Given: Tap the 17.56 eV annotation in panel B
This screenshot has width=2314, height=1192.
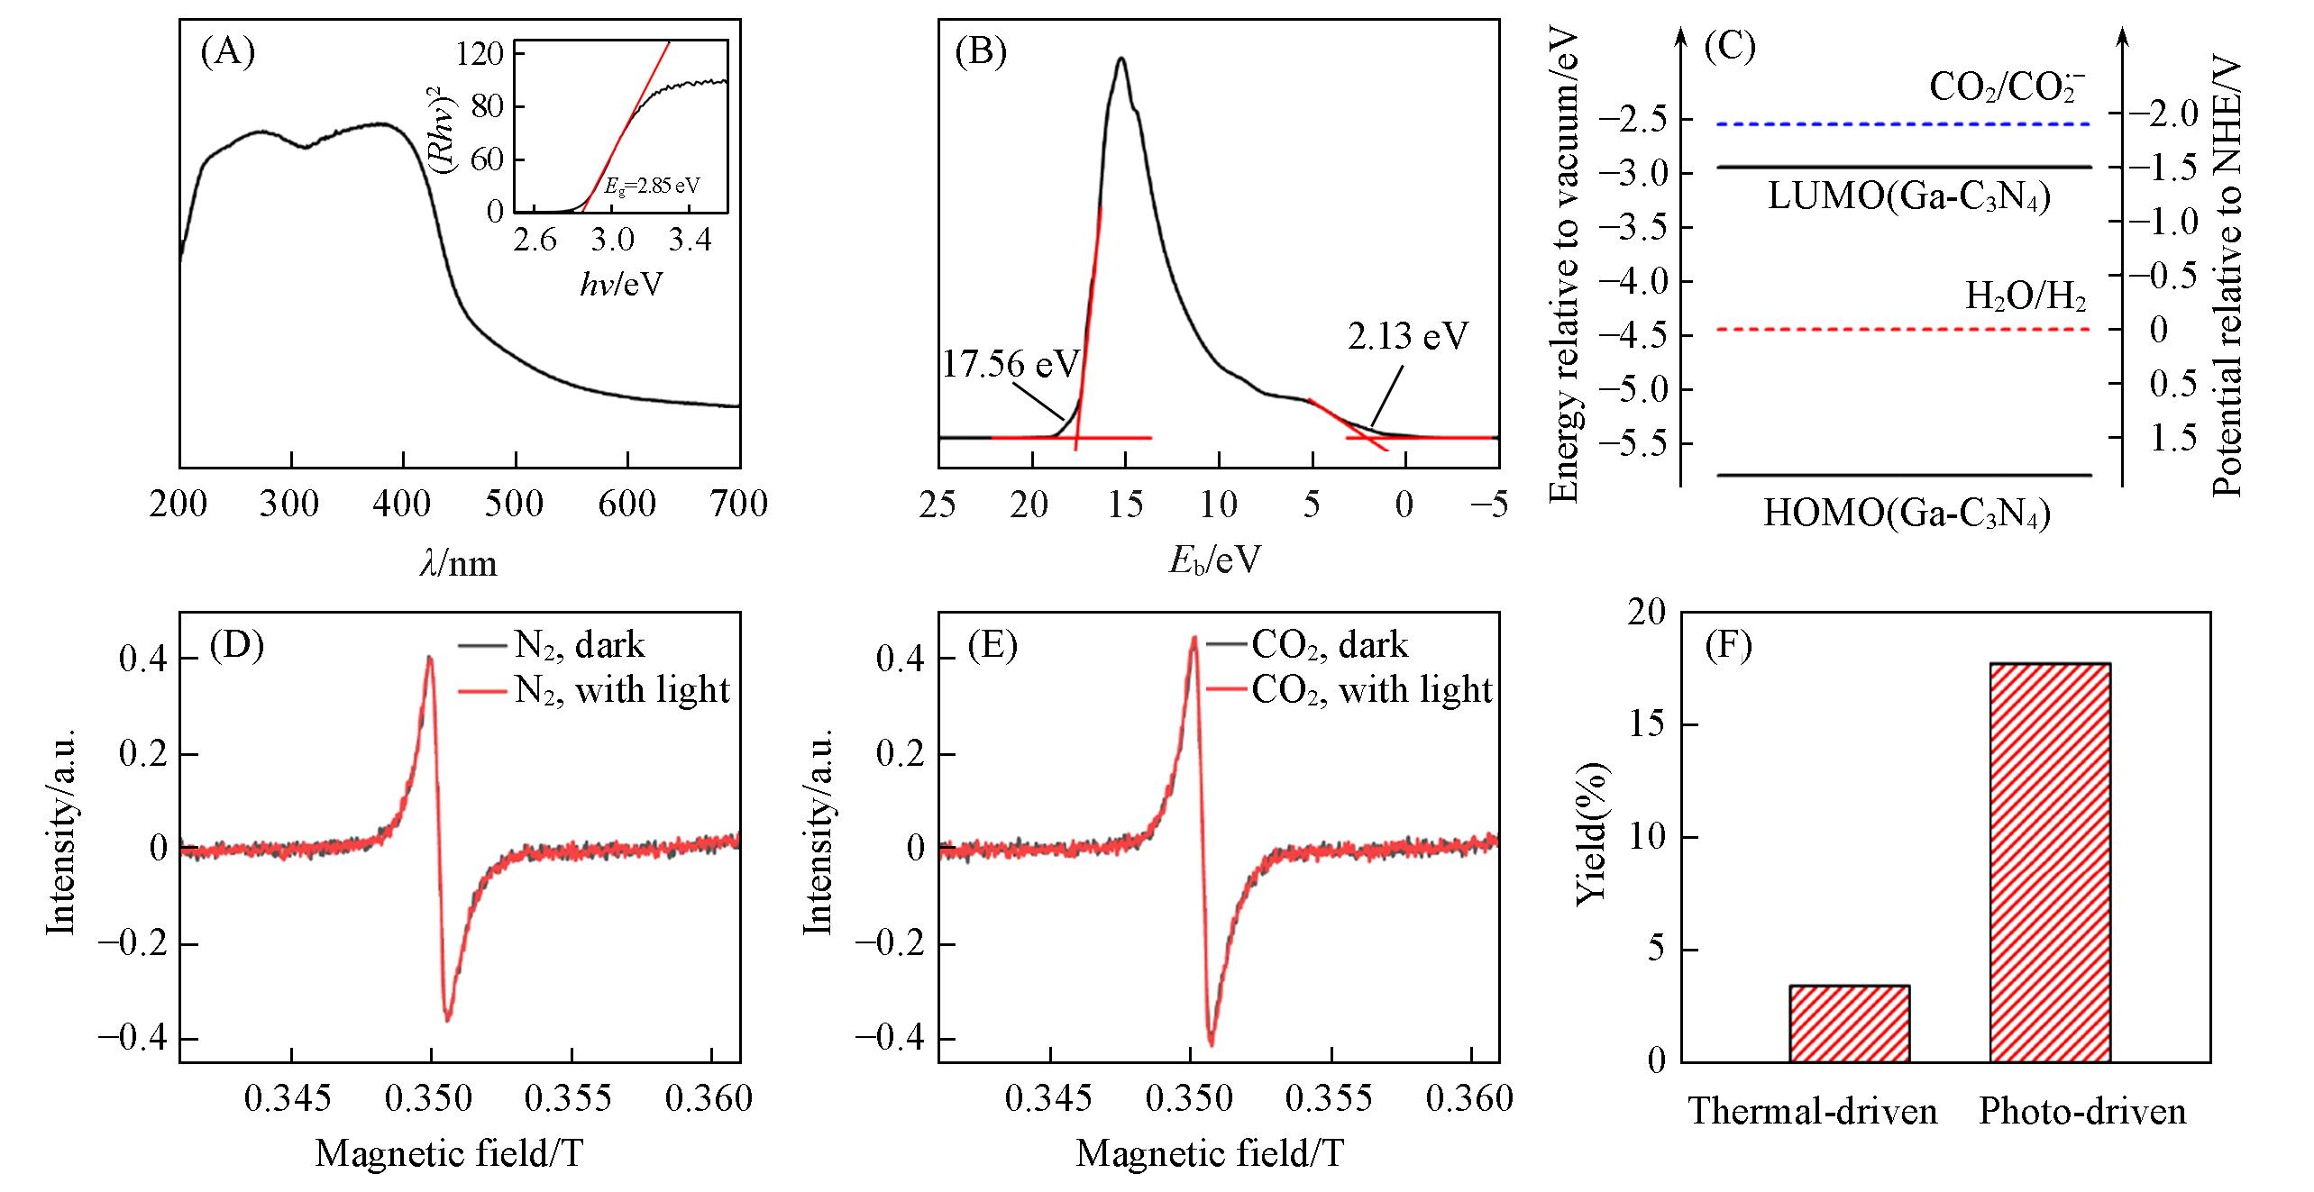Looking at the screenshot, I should [1011, 364].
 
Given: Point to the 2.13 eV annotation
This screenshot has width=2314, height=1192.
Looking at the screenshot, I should [1408, 336].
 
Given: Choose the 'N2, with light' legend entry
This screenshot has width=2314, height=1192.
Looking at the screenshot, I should [621, 690].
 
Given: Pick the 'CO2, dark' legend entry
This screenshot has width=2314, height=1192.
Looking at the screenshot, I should [1330, 645].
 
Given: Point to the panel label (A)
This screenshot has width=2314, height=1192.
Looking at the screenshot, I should [227, 53].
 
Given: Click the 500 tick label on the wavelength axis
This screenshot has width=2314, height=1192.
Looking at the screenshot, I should [515, 505].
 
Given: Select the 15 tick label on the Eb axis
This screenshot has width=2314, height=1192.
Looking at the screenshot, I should [1124, 505].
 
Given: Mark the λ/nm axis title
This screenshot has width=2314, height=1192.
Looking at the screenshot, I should [459, 564].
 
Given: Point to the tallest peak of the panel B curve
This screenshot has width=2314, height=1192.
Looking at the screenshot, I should [1121, 59].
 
